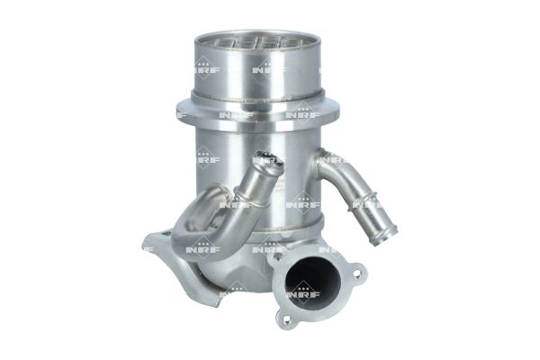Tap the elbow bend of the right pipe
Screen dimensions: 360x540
(x=335, y=166)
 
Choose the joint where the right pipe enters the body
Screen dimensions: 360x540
(x=322, y=162)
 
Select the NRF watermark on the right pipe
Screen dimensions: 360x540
(x=367, y=203)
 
